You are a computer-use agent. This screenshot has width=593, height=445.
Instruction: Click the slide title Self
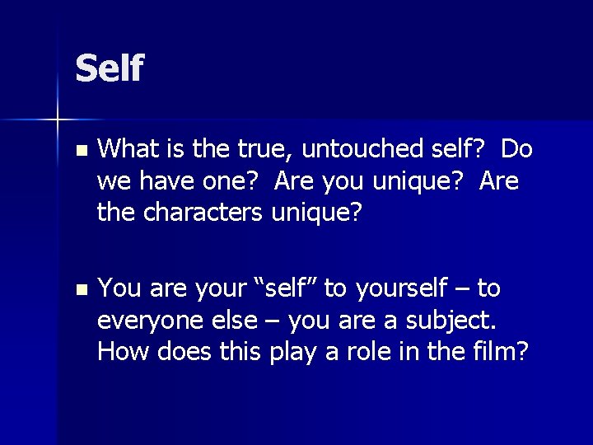[x=109, y=68]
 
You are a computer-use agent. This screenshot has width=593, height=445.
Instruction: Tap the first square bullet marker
[x=79, y=152]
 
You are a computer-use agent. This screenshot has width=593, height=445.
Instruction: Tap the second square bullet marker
[x=79, y=290]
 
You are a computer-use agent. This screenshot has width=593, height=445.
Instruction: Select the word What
[x=124, y=149]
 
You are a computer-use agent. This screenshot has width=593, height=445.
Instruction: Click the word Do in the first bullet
[x=516, y=149]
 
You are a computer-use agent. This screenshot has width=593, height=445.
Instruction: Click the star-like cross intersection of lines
[x=58, y=120]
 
